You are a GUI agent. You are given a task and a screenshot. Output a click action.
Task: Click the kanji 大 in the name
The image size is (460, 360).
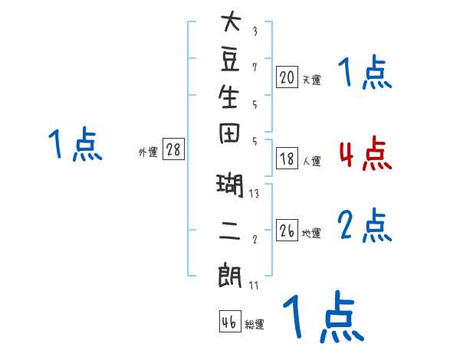232,21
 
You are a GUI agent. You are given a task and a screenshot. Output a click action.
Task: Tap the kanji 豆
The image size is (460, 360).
230,60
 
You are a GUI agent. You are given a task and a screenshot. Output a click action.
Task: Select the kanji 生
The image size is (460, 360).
228,97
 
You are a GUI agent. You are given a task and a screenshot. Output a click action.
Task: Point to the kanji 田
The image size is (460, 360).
229,133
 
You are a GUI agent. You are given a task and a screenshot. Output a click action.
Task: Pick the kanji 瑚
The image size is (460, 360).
230,185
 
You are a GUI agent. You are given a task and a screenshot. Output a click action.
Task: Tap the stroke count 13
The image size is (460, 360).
254,194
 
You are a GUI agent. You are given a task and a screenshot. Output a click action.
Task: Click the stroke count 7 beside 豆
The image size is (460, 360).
255,67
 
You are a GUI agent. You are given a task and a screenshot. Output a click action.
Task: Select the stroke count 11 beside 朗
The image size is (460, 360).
254,285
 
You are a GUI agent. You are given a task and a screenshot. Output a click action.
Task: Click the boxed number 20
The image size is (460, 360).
287,77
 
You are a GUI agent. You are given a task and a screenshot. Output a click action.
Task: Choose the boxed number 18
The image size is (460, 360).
287,159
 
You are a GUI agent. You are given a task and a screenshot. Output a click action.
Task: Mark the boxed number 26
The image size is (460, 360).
287,230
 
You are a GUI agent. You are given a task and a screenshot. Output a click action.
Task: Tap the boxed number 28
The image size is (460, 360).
173,149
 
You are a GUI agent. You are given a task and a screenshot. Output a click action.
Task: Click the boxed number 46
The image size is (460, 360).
230,321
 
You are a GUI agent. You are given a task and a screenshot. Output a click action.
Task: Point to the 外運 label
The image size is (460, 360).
148,152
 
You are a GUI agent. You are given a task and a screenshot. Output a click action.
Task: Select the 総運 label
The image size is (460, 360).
255,325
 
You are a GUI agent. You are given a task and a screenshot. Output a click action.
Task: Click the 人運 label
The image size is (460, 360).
312,162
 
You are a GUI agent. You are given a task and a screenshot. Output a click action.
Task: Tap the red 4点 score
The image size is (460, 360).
366,153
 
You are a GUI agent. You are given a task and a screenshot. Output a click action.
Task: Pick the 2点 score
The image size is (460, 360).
365,225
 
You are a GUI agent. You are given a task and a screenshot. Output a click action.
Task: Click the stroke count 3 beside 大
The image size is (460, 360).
255,31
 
